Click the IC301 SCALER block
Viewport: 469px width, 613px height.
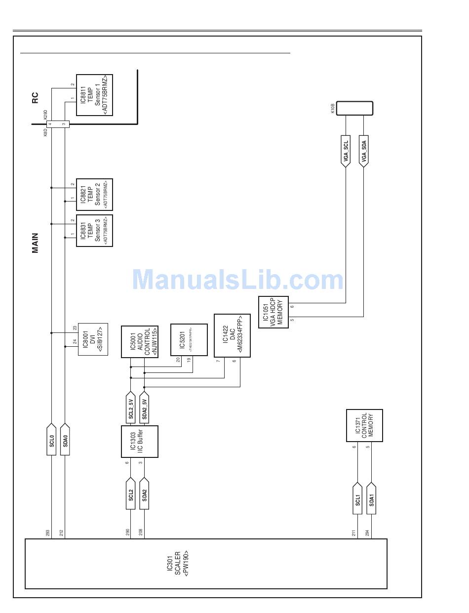206,564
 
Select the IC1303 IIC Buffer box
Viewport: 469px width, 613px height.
140,442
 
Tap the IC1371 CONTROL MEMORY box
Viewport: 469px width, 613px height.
364,425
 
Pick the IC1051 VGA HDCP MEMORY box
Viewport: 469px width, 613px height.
273,312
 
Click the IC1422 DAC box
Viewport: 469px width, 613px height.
232,335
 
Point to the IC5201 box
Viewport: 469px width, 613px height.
189,339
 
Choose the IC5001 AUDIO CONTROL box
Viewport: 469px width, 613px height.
140,342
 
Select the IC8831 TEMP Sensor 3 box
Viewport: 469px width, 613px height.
94,231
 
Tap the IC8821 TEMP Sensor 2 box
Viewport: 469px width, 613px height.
94,195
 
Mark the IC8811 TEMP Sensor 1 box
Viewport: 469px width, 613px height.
94,95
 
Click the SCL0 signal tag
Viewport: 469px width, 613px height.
52,439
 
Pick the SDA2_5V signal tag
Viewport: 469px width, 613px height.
145,408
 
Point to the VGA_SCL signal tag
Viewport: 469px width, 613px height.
346,151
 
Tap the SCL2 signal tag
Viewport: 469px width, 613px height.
131,494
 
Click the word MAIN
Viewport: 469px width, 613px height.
35,244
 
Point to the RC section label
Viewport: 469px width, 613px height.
35,98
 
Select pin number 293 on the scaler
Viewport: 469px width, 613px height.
48,533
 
